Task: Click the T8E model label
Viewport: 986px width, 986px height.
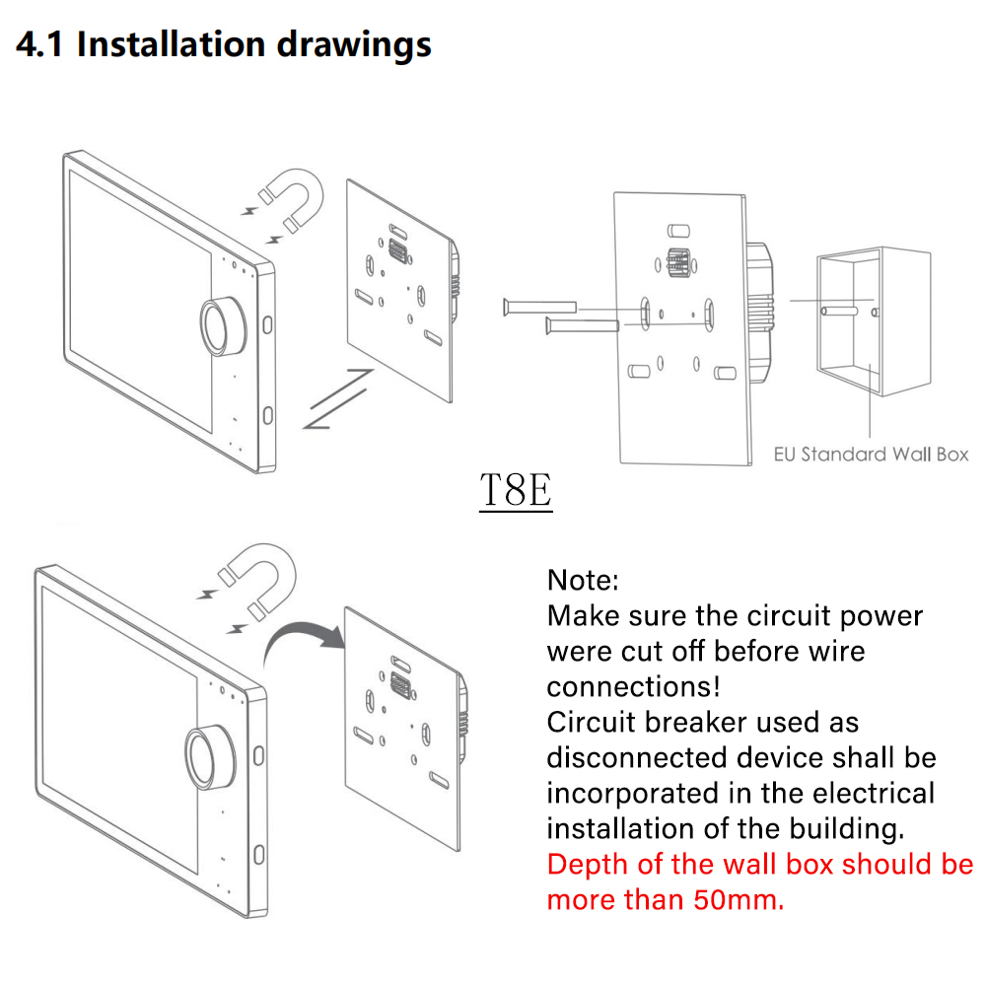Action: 516,490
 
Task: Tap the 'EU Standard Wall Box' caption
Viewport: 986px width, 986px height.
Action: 871,454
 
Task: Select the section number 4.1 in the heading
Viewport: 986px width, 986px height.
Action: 39,44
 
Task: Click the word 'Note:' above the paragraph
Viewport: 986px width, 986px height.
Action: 583,580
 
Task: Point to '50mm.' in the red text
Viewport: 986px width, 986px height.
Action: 739,900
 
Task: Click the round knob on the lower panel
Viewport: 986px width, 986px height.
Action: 209,756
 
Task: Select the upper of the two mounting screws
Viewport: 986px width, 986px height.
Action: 540,307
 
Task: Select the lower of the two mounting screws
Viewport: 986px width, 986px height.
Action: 583,325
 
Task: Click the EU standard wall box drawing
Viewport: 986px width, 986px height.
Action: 874,321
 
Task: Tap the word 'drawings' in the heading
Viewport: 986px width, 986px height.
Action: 354,45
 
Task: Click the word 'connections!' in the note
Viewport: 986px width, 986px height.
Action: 633,686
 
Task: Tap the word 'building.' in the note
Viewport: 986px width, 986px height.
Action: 847,829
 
